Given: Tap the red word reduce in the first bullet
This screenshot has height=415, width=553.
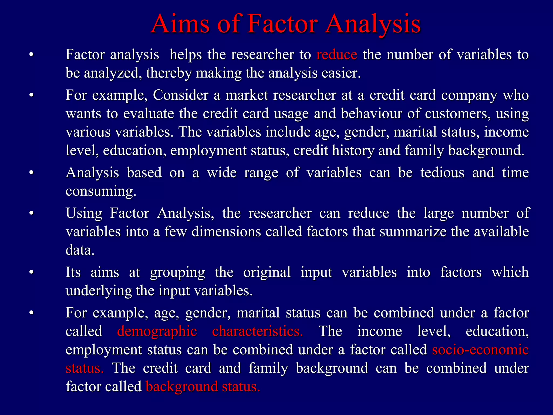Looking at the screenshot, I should coord(337,55).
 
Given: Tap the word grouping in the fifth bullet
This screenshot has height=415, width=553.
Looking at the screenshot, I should coord(177,272).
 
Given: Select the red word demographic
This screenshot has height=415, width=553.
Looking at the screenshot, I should coord(157,331).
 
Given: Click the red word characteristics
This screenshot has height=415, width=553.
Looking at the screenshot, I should coord(257,331).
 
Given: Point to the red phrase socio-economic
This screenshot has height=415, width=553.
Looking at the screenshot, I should coord(480,350).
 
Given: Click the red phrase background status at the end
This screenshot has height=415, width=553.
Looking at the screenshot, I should coord(203,387).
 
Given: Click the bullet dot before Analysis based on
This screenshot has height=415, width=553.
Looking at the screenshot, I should coord(31,173).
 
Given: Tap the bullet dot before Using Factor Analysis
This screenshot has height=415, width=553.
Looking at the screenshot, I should coord(31,213).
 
